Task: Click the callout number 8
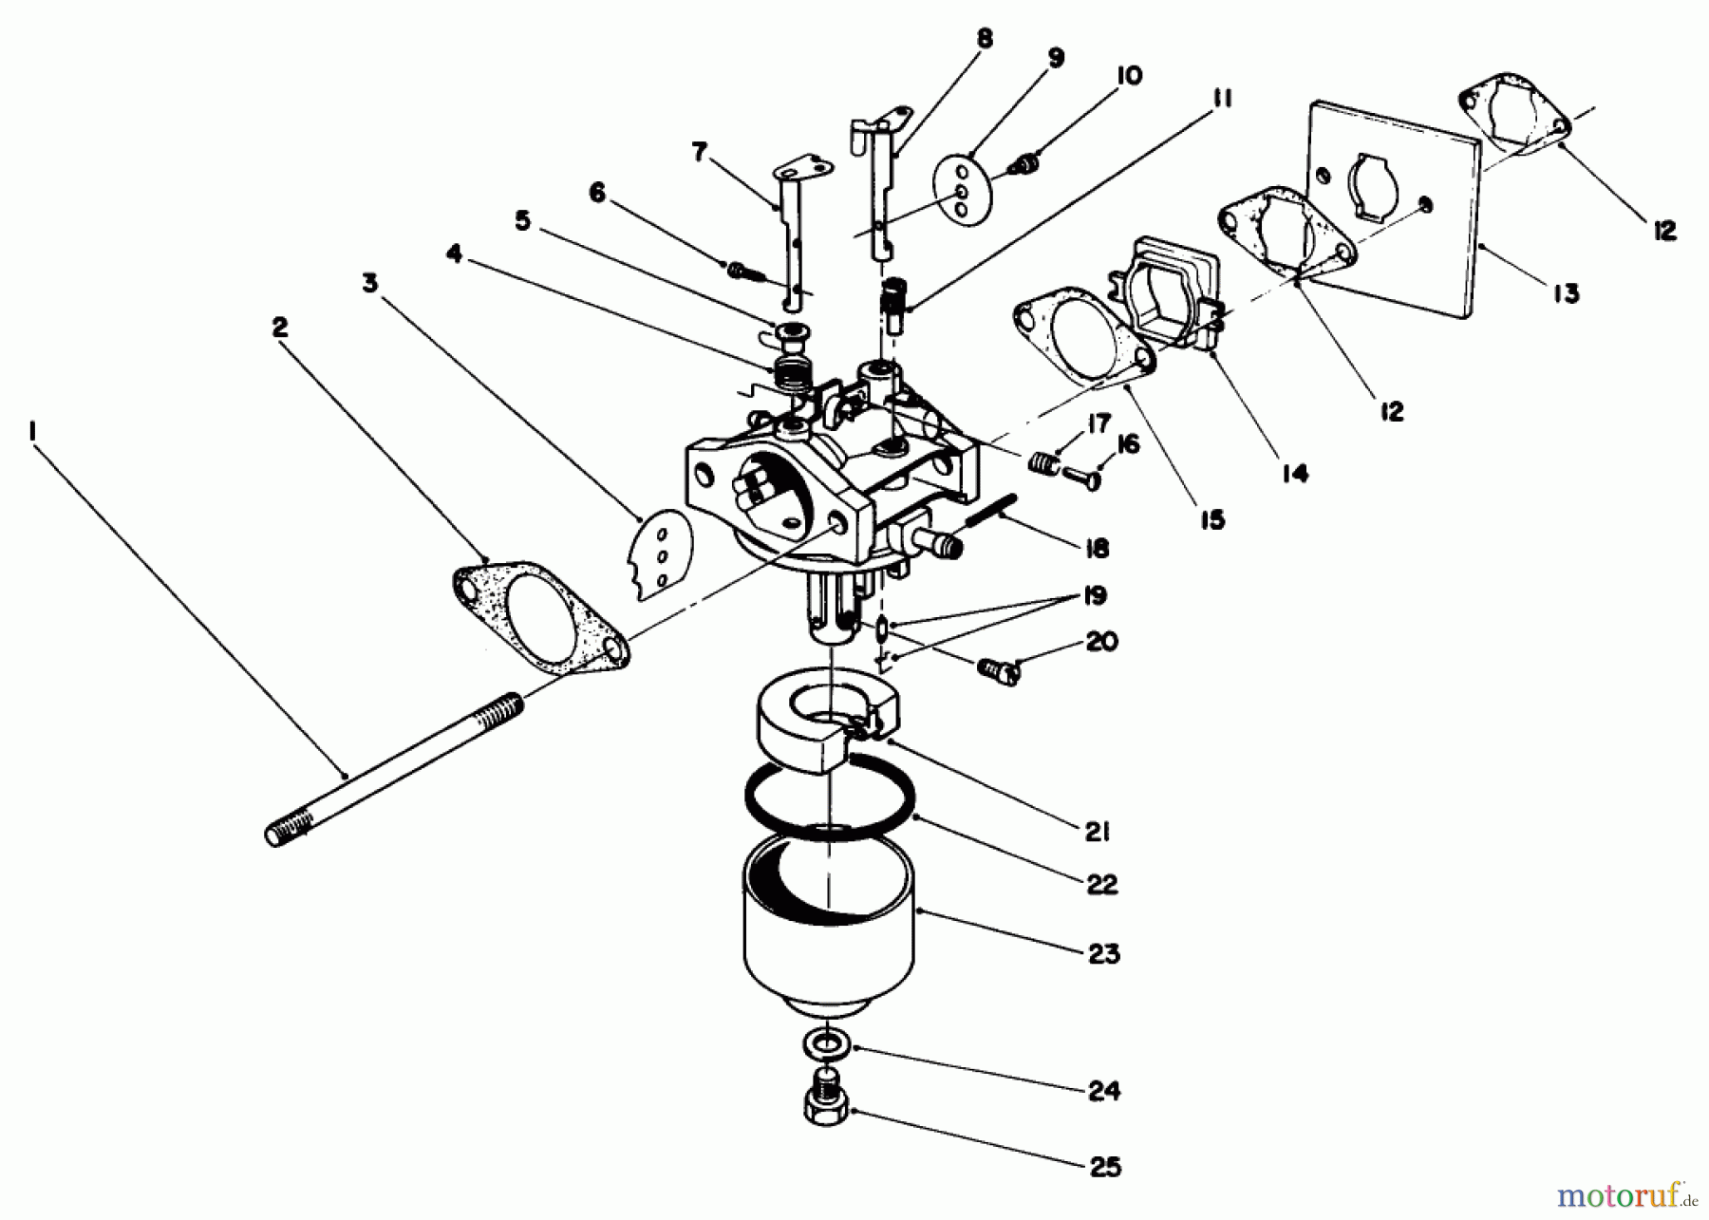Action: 984,38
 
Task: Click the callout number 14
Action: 1294,472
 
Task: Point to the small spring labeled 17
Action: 1042,464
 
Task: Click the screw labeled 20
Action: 999,672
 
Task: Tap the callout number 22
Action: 1101,884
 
